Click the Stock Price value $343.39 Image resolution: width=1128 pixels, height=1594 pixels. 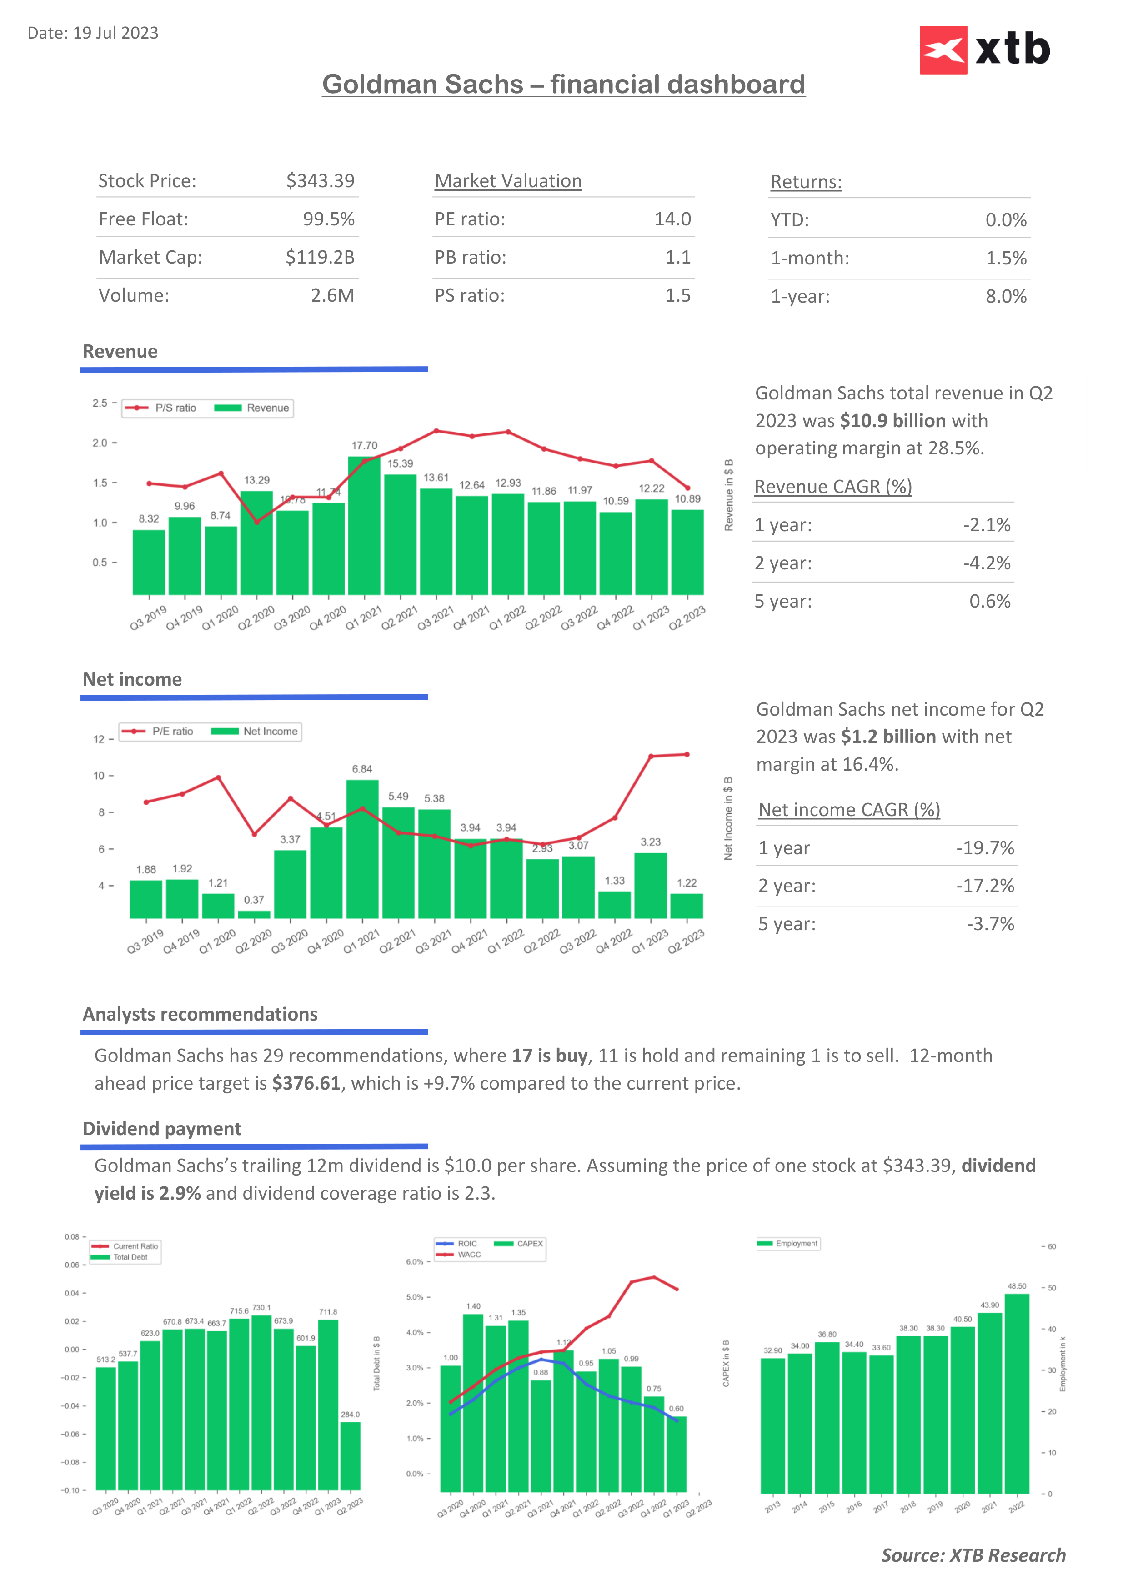(320, 181)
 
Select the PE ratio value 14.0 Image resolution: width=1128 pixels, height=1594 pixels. (672, 219)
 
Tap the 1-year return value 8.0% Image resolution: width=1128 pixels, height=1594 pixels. (1006, 296)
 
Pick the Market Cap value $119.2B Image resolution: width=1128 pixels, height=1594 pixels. (320, 258)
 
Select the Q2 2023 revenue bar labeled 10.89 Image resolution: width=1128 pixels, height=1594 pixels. (687, 552)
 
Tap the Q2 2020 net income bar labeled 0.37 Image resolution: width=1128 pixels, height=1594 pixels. (254, 914)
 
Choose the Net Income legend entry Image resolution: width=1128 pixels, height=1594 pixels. (255, 732)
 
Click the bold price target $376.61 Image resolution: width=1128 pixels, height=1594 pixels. (306, 1084)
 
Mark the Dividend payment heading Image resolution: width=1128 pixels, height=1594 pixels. (162, 1129)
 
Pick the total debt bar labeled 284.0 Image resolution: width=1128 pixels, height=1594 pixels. (350, 1456)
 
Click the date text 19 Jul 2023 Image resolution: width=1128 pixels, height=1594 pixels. (115, 33)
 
